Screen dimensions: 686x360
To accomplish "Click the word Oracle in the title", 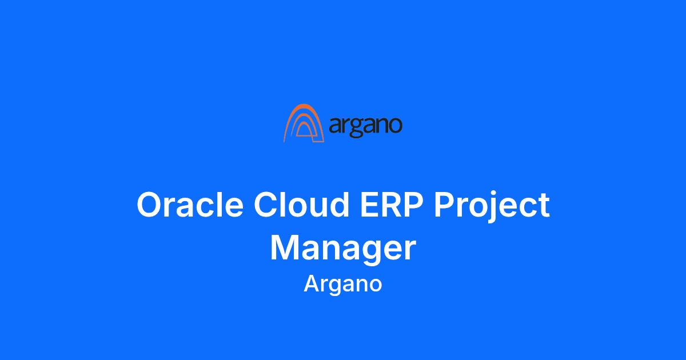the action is coord(190,204).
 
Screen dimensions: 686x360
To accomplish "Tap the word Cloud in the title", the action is coord(301,204).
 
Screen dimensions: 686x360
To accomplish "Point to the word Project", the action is coord(492,206).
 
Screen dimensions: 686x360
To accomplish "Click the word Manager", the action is coord(343,249).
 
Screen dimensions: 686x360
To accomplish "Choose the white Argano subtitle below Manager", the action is coord(343,285).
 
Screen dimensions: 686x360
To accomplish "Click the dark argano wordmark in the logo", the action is coord(365,126).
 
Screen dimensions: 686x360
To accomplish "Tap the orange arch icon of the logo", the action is coord(304,123).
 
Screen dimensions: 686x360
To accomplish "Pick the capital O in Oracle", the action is coord(149,204).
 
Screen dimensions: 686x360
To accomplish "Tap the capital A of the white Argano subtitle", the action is coord(312,283).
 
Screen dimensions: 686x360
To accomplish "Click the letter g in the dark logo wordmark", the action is coord(357,129).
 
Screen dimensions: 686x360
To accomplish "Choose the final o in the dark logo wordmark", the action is coord(394,126).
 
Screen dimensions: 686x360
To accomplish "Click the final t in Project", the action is coord(543,205).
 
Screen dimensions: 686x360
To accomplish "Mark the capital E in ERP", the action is coord(370,204).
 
